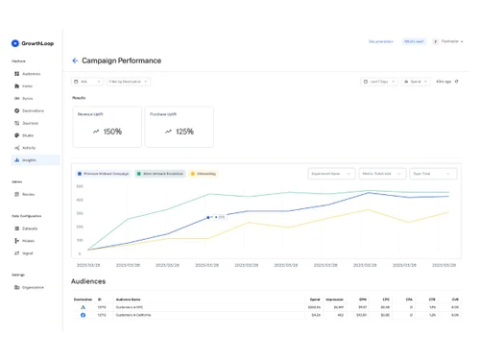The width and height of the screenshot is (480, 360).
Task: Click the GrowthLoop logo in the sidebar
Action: (30, 43)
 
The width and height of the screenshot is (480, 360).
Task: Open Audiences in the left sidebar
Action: (31, 74)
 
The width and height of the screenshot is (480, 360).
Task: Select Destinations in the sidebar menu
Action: (34, 110)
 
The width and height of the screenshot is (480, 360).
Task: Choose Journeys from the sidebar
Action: (31, 123)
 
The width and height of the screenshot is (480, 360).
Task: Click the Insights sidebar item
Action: (30, 160)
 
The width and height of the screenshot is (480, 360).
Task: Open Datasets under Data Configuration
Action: (30, 228)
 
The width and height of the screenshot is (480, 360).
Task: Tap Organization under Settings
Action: (33, 287)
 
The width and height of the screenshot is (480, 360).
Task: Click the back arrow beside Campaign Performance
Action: (75, 60)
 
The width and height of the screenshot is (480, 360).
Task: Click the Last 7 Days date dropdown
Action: (380, 82)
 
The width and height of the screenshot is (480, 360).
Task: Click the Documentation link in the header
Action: (381, 42)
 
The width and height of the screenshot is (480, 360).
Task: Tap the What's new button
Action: (414, 42)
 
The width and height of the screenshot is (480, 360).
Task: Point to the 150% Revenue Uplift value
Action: (107, 132)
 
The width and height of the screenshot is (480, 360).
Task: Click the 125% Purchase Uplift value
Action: (180, 132)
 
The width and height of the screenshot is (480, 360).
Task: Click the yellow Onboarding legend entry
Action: (204, 174)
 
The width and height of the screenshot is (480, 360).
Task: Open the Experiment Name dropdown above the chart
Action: (331, 174)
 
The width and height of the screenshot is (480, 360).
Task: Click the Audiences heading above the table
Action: (88, 281)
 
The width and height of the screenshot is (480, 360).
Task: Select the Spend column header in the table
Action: (315, 299)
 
